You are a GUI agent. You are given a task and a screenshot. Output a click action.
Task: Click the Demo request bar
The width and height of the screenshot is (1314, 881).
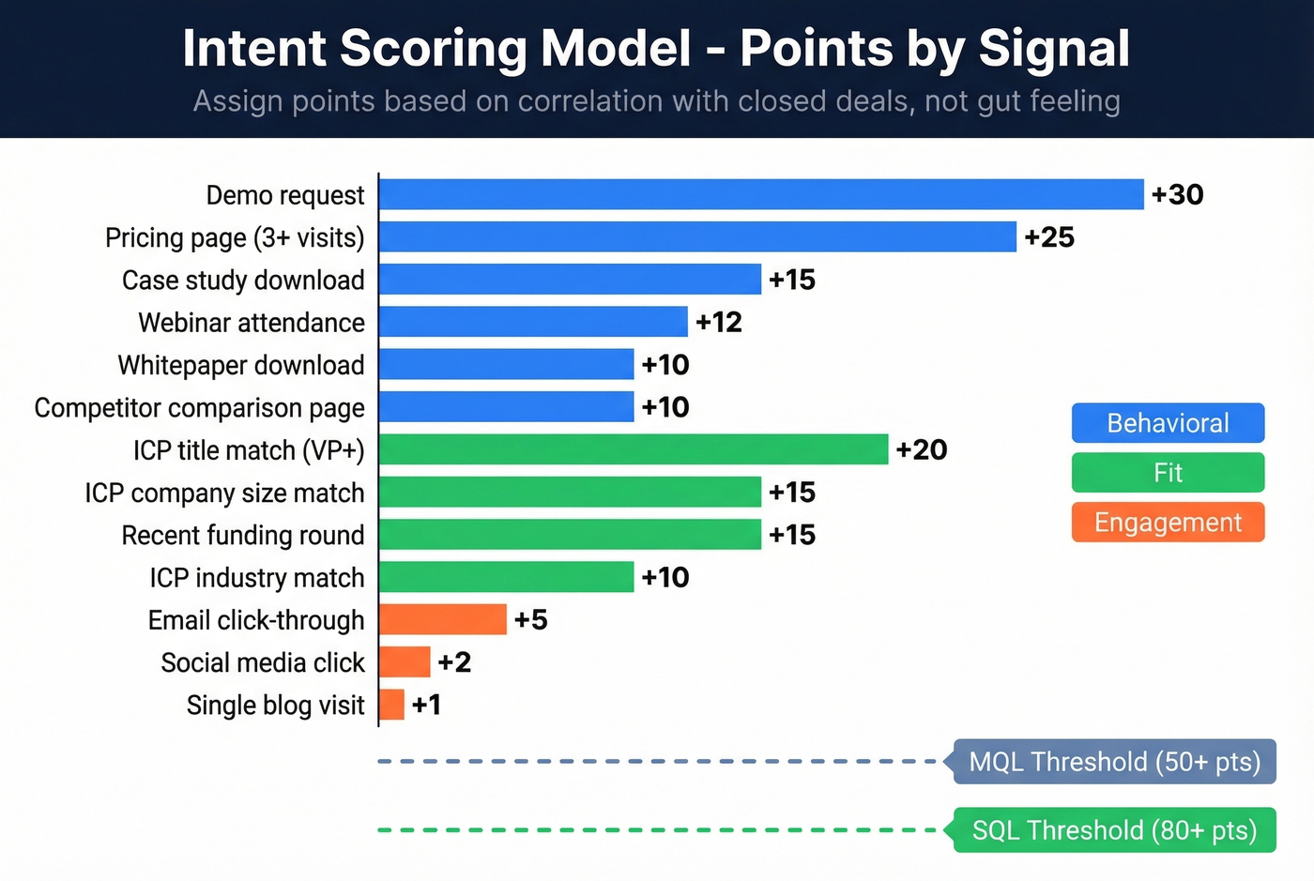[x=761, y=194]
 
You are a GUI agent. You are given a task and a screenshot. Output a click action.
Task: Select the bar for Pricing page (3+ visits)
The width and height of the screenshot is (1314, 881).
[x=697, y=237]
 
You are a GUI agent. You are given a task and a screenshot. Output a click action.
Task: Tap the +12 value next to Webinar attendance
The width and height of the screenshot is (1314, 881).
[x=719, y=322]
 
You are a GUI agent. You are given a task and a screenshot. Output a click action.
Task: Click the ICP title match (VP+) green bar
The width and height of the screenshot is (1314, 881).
[x=634, y=449]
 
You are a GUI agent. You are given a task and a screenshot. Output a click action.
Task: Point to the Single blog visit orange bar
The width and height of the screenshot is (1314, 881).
[x=392, y=705]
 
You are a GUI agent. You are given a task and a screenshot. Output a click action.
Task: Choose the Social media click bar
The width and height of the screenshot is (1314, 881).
[x=405, y=662]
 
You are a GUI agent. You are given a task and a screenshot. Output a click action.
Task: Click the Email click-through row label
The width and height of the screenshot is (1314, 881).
[x=256, y=620]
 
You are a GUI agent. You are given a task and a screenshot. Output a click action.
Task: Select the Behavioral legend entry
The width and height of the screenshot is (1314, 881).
[x=1168, y=423]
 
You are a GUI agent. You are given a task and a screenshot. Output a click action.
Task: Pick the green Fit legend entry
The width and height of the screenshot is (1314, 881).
[x=1168, y=473]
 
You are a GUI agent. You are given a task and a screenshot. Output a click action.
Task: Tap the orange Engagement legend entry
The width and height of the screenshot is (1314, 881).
[x=1168, y=523]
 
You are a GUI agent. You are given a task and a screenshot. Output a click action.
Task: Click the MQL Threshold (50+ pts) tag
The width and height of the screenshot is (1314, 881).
[x=1114, y=762]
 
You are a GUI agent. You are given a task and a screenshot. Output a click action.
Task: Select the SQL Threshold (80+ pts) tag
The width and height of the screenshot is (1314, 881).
[x=1114, y=830]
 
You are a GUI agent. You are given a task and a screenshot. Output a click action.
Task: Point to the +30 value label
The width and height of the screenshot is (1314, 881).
[x=1177, y=194]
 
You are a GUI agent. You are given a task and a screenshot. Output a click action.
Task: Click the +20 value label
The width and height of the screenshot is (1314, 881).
[x=921, y=449]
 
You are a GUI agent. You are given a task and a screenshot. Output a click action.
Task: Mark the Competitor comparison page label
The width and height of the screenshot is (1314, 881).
[x=200, y=408]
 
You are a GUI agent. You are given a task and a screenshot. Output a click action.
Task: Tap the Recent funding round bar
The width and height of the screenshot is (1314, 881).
[x=570, y=535]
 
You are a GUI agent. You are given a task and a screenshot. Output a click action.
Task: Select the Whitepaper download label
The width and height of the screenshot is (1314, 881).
[x=241, y=365]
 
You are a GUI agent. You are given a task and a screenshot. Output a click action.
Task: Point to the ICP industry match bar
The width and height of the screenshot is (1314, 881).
[x=506, y=577]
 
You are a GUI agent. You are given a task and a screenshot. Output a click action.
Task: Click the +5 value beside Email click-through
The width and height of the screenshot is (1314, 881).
[x=530, y=620]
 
